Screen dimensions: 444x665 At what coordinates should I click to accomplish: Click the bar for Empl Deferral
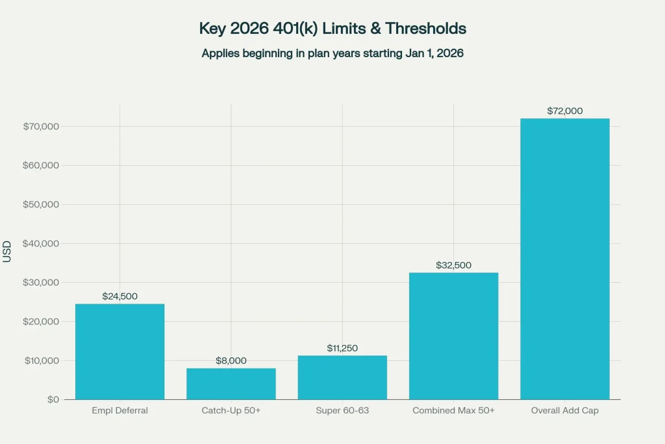coord(119,351)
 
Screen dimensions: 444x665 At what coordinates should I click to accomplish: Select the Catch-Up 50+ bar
coord(231,384)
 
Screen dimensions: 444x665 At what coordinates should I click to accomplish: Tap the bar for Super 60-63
coord(342,377)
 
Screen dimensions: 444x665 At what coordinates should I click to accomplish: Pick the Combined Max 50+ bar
coord(453,335)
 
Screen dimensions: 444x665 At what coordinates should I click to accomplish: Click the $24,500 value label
coord(119,296)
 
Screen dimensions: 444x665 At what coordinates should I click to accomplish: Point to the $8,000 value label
coord(231,361)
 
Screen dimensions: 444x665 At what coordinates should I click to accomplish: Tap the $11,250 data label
coord(342,348)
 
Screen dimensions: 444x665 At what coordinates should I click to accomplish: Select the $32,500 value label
coord(453,265)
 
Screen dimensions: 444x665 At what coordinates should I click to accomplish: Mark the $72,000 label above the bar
coord(565,111)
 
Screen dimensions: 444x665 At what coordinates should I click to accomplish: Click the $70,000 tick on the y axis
coord(41,126)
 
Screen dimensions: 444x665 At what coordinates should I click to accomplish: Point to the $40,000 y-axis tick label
coord(41,243)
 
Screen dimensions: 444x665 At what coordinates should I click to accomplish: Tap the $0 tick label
coord(53,399)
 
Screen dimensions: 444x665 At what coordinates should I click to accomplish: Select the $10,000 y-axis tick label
coord(41,360)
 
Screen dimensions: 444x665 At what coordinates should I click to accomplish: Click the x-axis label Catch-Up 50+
coord(231,411)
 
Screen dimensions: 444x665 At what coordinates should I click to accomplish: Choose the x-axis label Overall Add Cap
coord(565,411)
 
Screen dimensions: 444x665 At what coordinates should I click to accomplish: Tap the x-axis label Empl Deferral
coord(119,411)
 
